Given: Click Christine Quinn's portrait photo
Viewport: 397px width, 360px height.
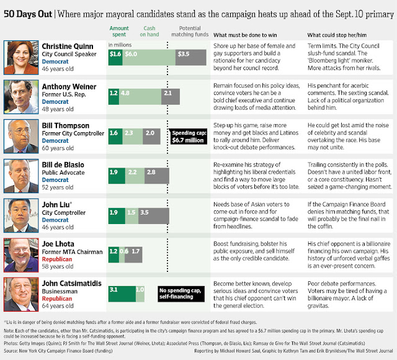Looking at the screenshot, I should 20,56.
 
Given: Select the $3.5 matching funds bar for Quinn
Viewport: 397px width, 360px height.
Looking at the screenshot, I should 183,54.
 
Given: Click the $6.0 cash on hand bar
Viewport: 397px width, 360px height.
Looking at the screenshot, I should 145,54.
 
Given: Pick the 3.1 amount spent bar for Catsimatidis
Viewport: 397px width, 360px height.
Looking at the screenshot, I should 121,290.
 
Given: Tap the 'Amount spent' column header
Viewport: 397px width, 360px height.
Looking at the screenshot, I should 120,32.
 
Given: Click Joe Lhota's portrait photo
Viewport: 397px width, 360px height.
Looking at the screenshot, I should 20,254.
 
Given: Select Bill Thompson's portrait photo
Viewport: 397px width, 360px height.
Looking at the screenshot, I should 20,136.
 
